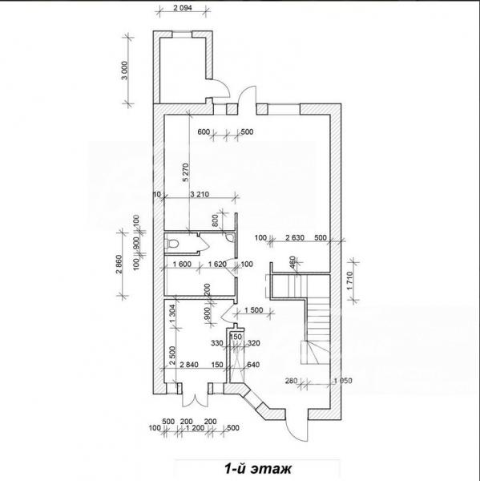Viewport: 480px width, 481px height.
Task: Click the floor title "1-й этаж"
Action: tap(258, 468)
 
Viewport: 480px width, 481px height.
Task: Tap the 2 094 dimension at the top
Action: tap(183, 8)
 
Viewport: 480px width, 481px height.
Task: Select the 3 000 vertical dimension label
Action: tap(124, 71)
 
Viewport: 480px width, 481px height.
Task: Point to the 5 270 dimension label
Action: tap(186, 172)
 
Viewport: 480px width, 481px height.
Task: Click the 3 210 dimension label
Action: tap(200, 194)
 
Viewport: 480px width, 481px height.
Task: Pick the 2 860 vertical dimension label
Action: tap(119, 265)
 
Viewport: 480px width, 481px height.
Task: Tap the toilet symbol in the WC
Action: tap(171, 244)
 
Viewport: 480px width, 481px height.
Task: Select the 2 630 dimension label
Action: tap(295, 238)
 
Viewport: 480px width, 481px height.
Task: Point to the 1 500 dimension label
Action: tap(254, 310)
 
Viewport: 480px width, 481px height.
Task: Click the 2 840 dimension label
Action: tap(189, 365)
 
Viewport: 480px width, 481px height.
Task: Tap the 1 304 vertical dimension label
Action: tap(172, 313)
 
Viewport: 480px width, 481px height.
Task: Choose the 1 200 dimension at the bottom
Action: tap(195, 427)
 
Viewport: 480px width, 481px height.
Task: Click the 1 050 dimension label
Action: tap(343, 381)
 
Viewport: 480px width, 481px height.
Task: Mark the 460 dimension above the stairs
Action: tap(292, 262)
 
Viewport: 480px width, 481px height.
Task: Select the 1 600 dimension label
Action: tap(182, 264)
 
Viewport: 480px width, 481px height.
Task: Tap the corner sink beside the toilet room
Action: tap(229, 236)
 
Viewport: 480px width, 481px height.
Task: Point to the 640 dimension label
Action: tap(253, 365)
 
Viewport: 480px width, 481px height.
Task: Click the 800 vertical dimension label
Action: tap(215, 220)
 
